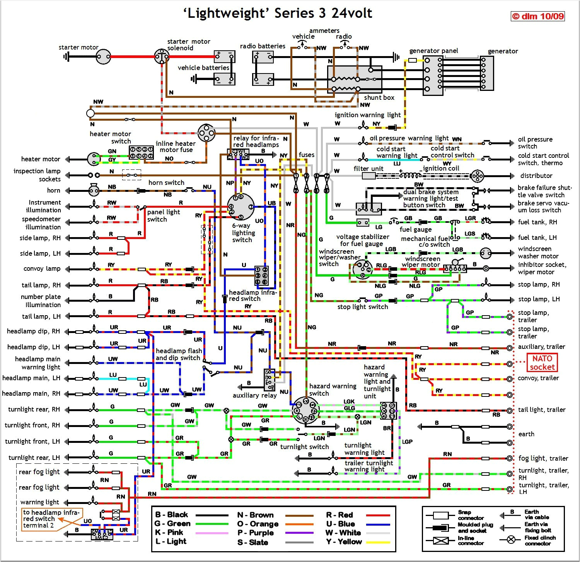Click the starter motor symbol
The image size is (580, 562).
coord(103,57)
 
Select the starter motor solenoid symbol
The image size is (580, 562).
coord(161,57)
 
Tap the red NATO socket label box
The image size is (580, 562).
coord(542,363)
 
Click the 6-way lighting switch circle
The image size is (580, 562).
coord(241,207)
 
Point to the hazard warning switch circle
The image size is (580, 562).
coord(305,410)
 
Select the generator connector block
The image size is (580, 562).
coord(487,73)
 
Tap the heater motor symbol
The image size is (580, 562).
coord(94,159)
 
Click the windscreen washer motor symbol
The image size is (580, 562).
coord(485,253)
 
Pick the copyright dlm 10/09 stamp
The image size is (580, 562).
coord(537,16)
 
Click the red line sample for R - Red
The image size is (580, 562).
coord(378,515)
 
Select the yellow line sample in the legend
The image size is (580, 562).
coord(378,542)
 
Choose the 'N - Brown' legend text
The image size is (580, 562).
coord(255,515)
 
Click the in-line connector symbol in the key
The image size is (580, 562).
coord(441,541)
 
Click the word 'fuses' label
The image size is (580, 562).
coord(306,155)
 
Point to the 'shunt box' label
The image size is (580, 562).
coord(379,97)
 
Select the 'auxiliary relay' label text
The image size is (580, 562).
coord(254,395)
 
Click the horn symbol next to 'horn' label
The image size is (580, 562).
coord(93,190)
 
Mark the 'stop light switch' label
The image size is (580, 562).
coord(362,307)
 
